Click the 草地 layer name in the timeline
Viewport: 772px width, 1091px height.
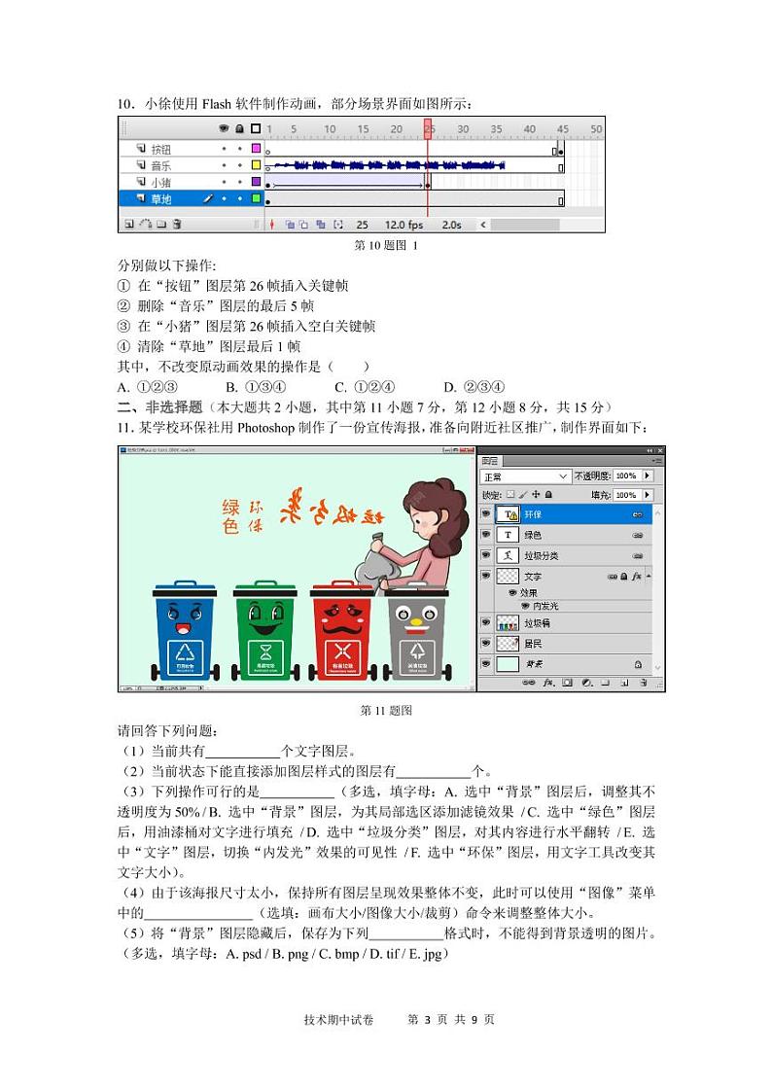pos(160,199)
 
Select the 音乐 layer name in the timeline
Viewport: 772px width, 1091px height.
pos(160,166)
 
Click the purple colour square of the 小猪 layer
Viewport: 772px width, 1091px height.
pos(256,182)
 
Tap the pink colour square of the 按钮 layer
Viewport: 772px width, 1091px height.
pos(256,149)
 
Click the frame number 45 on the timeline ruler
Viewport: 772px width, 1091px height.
pos(562,129)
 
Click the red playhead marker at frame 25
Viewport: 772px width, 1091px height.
pos(428,129)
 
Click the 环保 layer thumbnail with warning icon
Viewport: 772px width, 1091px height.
pos(508,514)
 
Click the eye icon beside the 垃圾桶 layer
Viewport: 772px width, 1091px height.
pos(486,622)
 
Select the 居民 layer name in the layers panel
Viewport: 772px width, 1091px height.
pos(534,644)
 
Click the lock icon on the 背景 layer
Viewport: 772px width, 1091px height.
pos(638,664)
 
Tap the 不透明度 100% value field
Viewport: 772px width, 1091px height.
pos(625,476)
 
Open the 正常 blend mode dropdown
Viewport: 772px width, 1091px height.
pos(526,476)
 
